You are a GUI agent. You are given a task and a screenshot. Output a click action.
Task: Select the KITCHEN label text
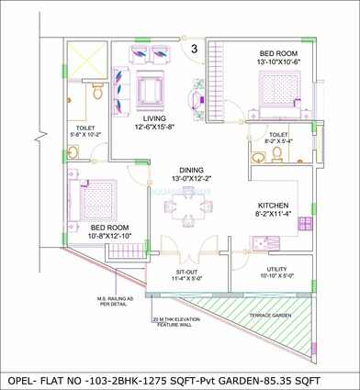[x=277, y=206]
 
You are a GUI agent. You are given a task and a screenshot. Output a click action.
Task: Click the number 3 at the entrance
[x=195, y=48]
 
